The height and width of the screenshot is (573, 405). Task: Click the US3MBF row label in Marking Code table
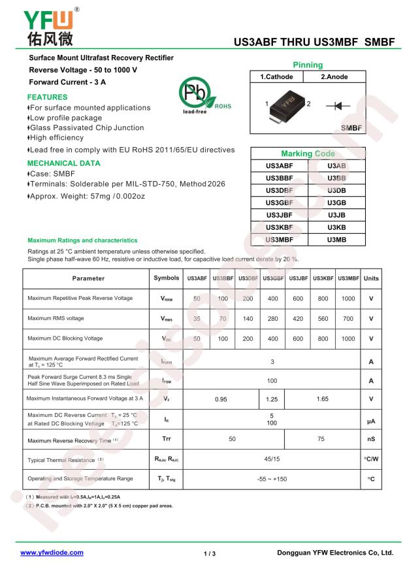(279, 240)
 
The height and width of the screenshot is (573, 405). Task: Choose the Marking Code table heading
(307, 153)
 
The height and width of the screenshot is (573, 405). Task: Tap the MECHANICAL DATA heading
(64, 163)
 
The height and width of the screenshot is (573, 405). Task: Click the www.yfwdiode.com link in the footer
(52, 552)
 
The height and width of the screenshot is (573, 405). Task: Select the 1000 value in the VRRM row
(348, 298)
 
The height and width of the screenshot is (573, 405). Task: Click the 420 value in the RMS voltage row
(297, 319)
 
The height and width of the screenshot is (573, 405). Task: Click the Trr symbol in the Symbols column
(166, 439)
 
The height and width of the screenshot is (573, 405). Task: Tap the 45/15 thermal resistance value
(272, 460)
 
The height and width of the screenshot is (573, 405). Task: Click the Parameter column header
(88, 278)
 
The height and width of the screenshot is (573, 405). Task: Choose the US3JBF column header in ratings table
(297, 278)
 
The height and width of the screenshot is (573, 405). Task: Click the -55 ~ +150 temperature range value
(272, 479)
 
